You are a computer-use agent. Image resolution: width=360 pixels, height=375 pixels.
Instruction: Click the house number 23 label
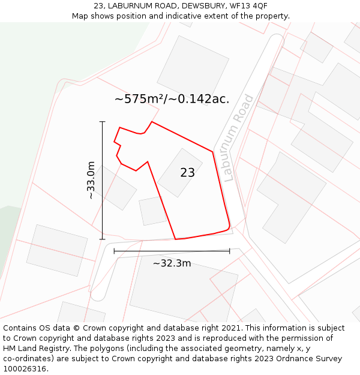187,173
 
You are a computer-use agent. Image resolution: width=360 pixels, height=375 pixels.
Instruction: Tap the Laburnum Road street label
238,137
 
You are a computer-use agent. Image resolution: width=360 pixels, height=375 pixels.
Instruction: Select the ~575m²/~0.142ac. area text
172,99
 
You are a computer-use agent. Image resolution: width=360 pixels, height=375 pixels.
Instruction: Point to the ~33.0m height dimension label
90,180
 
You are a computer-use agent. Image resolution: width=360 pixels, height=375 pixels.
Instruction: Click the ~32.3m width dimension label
172,263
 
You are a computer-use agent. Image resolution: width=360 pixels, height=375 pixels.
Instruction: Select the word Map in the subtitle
81,16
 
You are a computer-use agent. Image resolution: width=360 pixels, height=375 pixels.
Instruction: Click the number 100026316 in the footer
25,369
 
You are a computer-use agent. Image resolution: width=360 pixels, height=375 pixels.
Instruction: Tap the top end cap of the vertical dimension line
102,122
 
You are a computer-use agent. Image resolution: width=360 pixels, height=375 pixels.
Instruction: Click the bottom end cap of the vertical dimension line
102,239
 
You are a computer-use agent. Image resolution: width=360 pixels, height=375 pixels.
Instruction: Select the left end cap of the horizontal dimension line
114,251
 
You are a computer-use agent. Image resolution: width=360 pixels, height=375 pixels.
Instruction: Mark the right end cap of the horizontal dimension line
230,251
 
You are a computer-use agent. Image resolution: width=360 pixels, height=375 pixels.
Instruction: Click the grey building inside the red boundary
181,172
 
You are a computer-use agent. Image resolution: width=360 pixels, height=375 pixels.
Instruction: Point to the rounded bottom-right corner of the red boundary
229,227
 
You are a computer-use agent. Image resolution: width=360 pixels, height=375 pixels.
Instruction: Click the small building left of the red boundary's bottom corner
152,211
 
